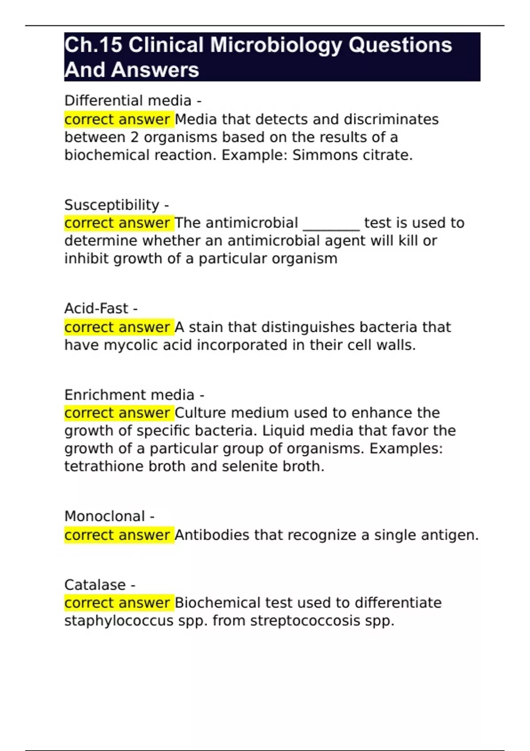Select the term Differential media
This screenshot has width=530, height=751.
(x=128, y=101)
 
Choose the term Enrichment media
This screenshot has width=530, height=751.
(x=129, y=394)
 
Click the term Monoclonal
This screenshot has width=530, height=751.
(x=105, y=516)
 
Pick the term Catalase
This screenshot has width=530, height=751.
(x=95, y=585)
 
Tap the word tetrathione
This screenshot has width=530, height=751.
(x=104, y=467)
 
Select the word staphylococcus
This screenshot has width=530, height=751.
(x=119, y=621)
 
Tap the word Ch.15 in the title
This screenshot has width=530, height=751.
(x=93, y=46)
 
